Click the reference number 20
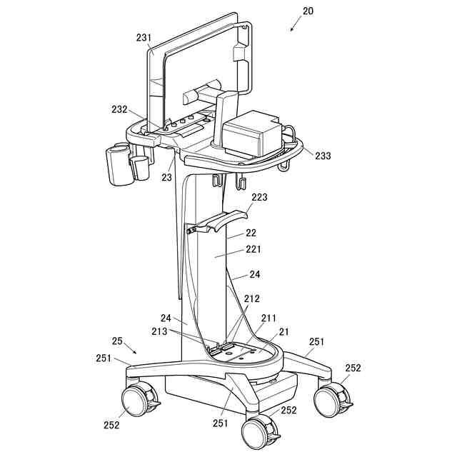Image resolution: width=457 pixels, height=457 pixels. point(308,11)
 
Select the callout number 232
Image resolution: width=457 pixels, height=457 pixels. point(119,110)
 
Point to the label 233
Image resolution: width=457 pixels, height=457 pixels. point(322,155)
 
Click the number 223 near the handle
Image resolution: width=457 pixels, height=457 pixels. point(259,198)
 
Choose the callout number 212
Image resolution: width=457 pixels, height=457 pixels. point(252,298)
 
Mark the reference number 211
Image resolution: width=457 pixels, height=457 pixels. point(268,318)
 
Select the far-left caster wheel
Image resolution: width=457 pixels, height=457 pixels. point(138,401)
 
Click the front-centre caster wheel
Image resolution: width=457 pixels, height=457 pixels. point(258,431)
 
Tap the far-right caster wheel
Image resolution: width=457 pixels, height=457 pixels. point(332,399)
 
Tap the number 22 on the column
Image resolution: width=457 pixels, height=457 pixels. point(251,233)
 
